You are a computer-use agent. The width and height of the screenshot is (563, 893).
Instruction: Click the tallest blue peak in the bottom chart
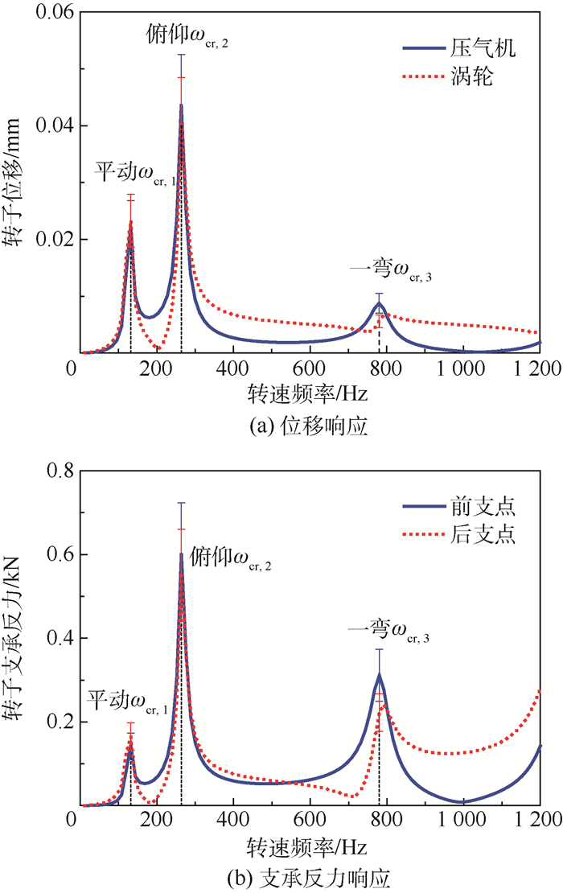coord(181,555)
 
